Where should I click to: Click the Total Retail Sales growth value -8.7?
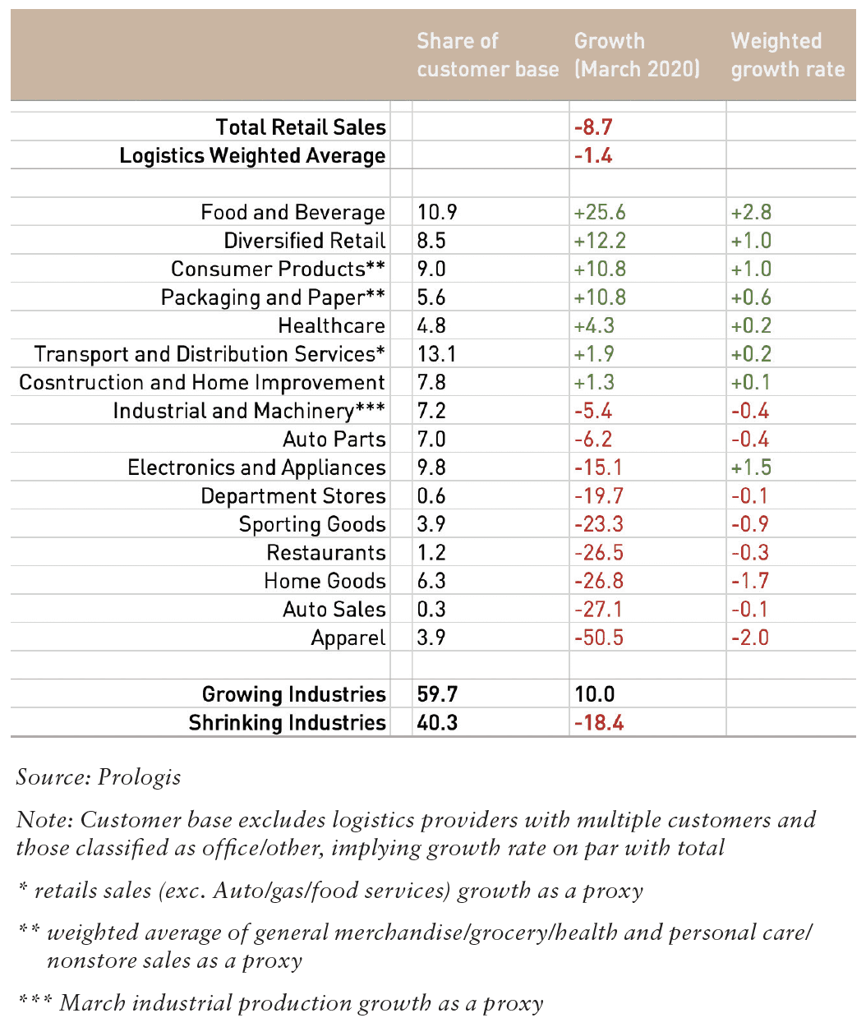[x=593, y=127]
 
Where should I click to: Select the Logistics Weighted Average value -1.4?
[x=593, y=156]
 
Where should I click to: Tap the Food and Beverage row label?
[x=293, y=213]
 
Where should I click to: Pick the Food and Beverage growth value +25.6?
[x=599, y=213]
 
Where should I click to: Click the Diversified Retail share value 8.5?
[x=431, y=241]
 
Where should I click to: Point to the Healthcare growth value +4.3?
[x=594, y=325]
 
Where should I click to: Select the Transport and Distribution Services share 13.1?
[x=436, y=354]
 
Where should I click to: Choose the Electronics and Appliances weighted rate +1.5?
[x=751, y=467]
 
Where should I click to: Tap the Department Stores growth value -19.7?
[x=598, y=495]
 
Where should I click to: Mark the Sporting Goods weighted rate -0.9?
[x=749, y=524]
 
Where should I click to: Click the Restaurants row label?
[x=325, y=553]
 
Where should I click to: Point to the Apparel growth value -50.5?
[x=598, y=638]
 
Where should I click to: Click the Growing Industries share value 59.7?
[x=437, y=694]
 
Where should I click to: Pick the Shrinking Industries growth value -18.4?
[x=598, y=723]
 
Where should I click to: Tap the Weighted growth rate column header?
[x=788, y=55]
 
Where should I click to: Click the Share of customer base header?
[x=487, y=55]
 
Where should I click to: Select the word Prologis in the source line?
[x=139, y=777]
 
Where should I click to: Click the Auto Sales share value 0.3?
[x=431, y=610]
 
